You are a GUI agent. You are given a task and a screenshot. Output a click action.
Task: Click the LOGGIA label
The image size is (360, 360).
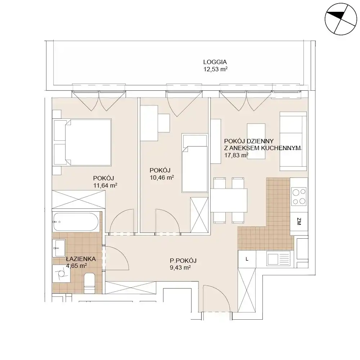[x=215, y=62]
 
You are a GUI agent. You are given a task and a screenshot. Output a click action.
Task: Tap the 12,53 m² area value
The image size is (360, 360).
[x=215, y=69]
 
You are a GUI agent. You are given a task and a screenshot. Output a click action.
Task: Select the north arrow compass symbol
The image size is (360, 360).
[x=341, y=19]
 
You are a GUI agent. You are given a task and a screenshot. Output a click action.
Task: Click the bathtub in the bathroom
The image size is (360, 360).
[x=76, y=222]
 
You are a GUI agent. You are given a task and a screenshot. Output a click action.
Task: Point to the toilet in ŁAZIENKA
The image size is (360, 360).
[x=90, y=283]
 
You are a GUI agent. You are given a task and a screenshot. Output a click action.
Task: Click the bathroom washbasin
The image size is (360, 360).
[x=59, y=248]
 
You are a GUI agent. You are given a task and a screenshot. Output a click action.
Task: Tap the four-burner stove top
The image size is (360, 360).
[x=299, y=197]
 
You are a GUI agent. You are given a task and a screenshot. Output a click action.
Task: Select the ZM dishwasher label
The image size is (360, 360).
[x=299, y=221]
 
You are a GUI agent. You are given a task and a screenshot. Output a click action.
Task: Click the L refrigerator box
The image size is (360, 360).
[x=247, y=259]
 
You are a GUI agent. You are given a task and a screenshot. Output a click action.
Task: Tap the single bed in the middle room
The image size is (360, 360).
[x=195, y=163]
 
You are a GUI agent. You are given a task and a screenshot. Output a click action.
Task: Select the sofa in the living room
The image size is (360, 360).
[x=293, y=141]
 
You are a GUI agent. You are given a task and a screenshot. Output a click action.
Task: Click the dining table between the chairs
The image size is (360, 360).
[x=229, y=200]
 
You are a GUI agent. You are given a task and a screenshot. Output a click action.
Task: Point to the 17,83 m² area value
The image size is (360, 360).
[x=236, y=155]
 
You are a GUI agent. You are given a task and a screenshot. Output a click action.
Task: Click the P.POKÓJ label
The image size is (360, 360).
[x=183, y=261]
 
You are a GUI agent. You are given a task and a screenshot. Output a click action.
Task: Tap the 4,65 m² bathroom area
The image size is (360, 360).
[x=76, y=266]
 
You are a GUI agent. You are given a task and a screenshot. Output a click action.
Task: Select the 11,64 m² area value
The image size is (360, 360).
[x=105, y=185]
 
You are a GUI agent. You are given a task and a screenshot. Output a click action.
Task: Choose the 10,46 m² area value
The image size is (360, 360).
[x=162, y=177]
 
